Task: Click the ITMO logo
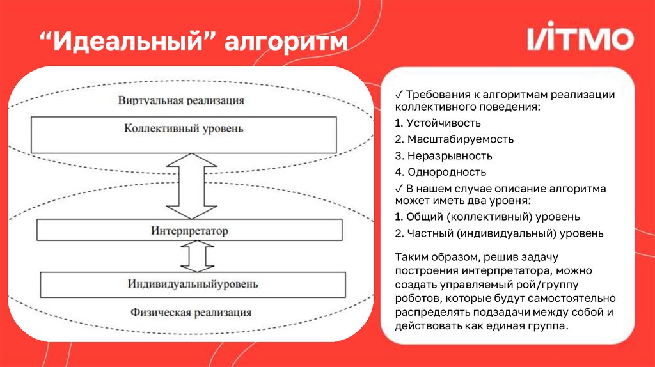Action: (580, 39)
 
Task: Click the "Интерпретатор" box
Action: (189, 230)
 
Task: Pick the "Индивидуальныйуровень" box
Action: (193, 283)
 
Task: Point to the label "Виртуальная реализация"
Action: (181, 100)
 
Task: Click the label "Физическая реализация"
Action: (191, 313)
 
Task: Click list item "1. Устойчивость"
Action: (438, 123)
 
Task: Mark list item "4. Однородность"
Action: (441, 172)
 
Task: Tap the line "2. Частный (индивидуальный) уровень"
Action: (499, 233)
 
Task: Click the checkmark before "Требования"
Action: (399, 95)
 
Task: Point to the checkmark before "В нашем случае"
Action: (399, 189)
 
